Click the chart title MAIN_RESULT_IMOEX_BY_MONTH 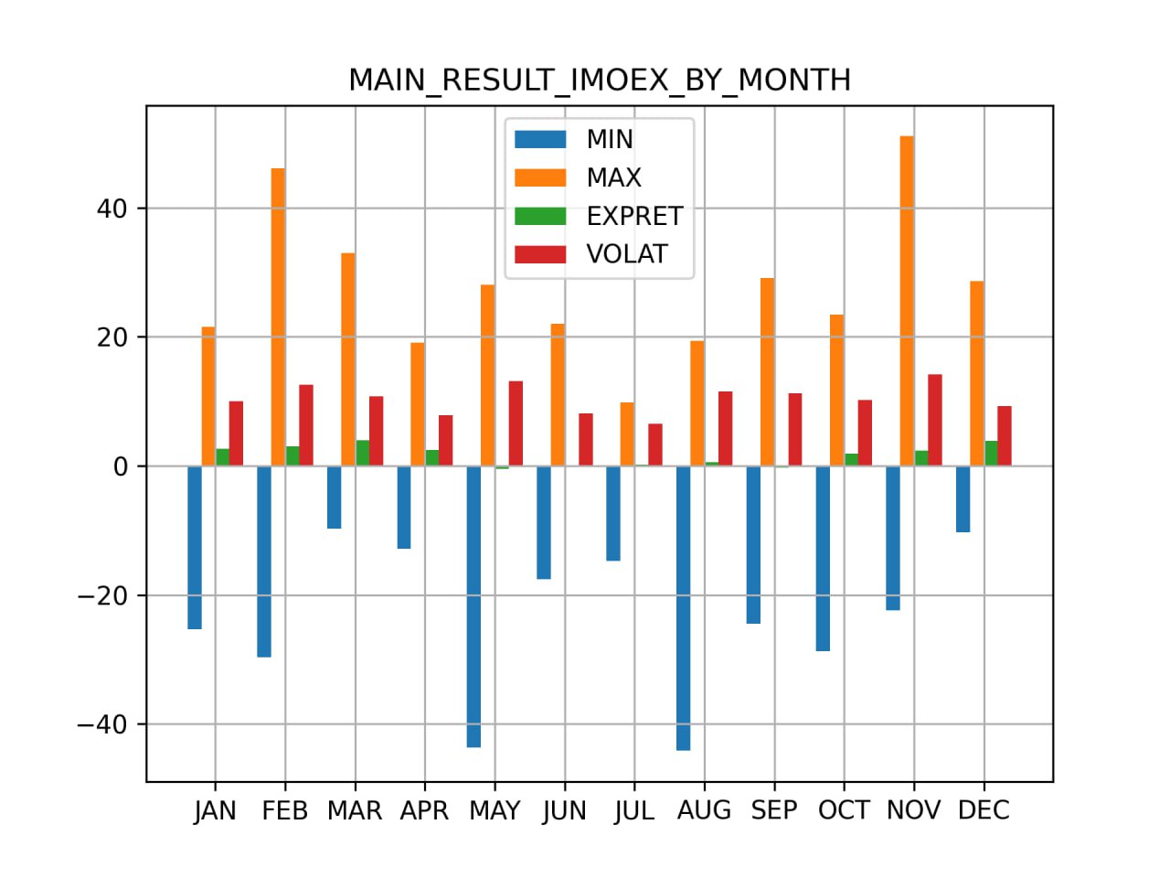pyautogui.click(x=600, y=80)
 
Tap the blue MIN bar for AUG pyautogui.click(x=683, y=607)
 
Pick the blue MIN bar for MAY pyautogui.click(x=473, y=606)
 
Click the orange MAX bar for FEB pyautogui.click(x=278, y=316)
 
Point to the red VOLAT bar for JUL pyautogui.click(x=655, y=444)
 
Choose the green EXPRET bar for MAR pyautogui.click(x=363, y=453)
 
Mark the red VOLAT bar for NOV pyautogui.click(x=935, y=420)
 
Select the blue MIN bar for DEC pyautogui.click(x=963, y=498)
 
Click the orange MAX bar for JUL pyautogui.click(x=627, y=434)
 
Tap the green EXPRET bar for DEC pyautogui.click(x=991, y=453)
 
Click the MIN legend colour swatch pyautogui.click(x=540, y=139)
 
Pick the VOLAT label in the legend pyautogui.click(x=627, y=254)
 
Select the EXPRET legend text pyautogui.click(x=634, y=216)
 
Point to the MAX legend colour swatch pyautogui.click(x=540, y=177)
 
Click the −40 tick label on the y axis pyautogui.click(x=101, y=725)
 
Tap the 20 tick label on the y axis pyautogui.click(x=112, y=337)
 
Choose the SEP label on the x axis pyautogui.click(x=774, y=811)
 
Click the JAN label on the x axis pyautogui.click(x=215, y=811)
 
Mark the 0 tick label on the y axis pyautogui.click(x=121, y=466)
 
